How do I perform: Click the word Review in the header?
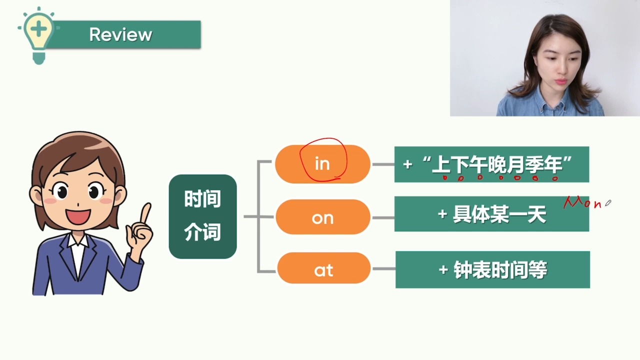coord(120,34)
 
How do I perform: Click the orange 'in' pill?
coord(322,164)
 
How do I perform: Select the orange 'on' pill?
coord(323,217)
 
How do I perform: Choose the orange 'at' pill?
coord(323,268)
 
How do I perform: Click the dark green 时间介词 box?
coord(203,216)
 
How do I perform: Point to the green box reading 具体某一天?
coord(491,213)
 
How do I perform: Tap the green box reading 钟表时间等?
coord(492,269)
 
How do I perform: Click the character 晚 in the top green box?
coord(497,164)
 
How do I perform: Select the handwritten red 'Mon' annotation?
coord(582,202)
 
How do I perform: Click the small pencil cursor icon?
coord(608,203)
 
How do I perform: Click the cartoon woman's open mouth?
coord(78,217)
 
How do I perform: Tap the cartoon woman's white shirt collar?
coord(77,241)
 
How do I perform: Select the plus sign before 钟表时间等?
coord(443,269)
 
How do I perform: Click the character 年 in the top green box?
coord(553,164)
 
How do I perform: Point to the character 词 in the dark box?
coord(211,231)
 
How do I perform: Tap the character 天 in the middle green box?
coord(537,214)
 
